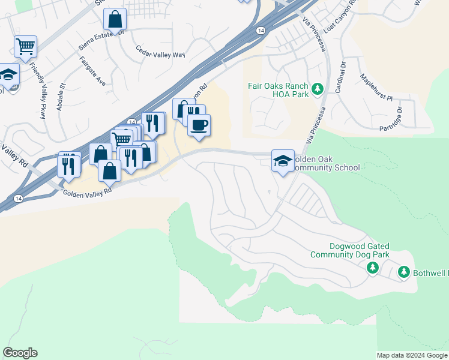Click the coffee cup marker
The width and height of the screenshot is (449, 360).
pyautogui.click(x=199, y=125)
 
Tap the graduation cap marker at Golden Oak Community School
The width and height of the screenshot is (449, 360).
pyautogui.click(x=283, y=161)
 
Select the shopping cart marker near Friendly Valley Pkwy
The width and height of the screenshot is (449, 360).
pyautogui.click(x=26, y=47)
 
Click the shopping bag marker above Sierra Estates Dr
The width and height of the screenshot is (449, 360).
pyautogui.click(x=115, y=19)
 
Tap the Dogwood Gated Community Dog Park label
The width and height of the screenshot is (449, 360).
pyautogui.click(x=350, y=250)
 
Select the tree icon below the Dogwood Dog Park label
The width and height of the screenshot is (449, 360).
pyautogui.click(x=373, y=267)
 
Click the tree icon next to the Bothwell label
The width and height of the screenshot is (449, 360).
pyautogui.click(x=404, y=273)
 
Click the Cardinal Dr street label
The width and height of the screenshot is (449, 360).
pyautogui.click(x=340, y=77)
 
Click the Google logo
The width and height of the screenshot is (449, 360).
pyautogui.click(x=20, y=353)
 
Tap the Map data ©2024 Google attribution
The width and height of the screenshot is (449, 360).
pyautogui.click(x=412, y=355)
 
